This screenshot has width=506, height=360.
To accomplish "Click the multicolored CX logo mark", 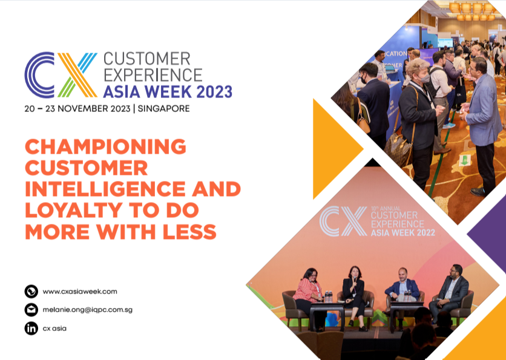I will pos(61,75).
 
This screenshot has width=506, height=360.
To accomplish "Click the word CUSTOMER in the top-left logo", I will pos(147,59).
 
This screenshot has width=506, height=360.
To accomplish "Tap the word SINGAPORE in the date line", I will pos(164,109).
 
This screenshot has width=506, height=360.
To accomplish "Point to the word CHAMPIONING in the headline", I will pos(105,146).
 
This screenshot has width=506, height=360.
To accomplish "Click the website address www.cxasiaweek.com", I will pos(80,292).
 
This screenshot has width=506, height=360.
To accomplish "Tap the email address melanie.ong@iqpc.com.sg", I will pos(88,310).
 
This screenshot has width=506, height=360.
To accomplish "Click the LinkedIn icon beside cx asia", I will pos(31,329).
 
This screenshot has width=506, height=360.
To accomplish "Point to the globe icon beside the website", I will pos(31,292).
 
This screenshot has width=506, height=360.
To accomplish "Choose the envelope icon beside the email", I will pos(31,310).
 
